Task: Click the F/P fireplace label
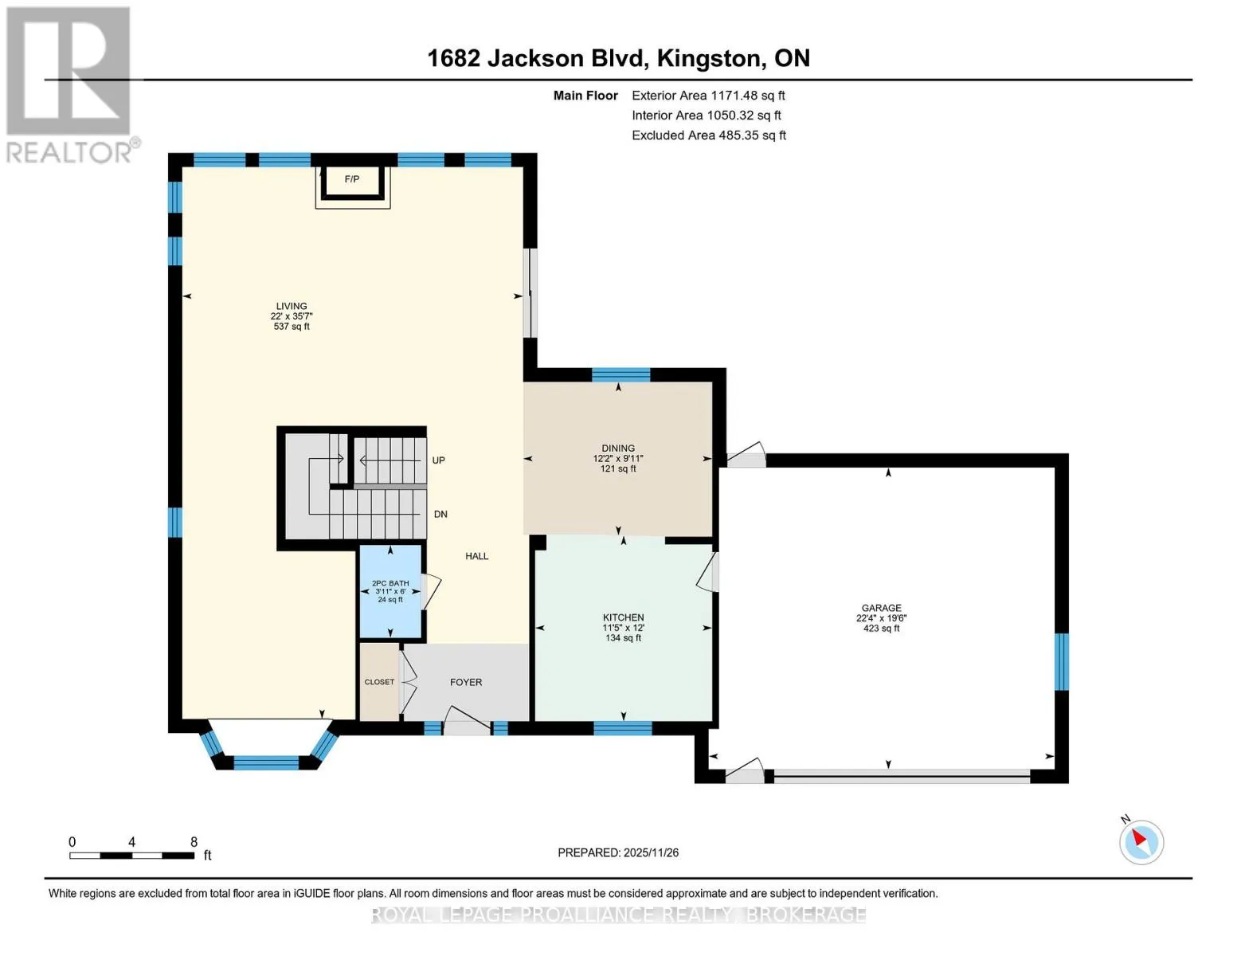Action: [x=352, y=179]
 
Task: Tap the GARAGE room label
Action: [x=881, y=608]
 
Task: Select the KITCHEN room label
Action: [x=624, y=617]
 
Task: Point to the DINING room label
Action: [x=618, y=449]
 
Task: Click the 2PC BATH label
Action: [x=390, y=583]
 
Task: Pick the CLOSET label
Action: [x=379, y=682]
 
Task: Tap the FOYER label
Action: [x=466, y=682]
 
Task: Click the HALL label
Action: [x=477, y=556]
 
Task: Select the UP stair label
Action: [x=438, y=460]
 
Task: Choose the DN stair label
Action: [x=440, y=514]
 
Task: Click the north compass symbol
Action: [x=1141, y=842]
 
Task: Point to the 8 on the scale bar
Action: [x=194, y=842]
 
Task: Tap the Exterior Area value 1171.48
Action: [x=734, y=96]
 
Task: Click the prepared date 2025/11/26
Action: [x=652, y=853]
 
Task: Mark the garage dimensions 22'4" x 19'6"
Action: [x=881, y=618]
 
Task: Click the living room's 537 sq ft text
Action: [x=292, y=327]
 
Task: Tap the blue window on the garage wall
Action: [x=1062, y=662]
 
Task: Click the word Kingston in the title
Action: [x=708, y=59]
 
